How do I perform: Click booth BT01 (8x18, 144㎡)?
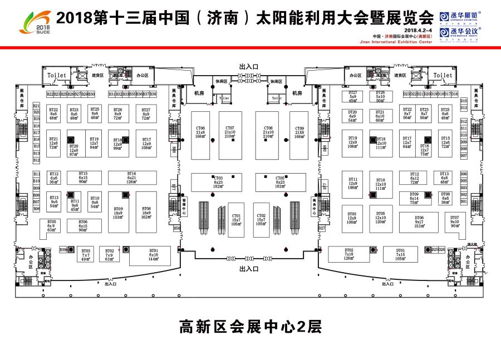(154, 255)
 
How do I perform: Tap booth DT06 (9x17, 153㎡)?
(419, 221)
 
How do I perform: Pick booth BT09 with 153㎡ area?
(118, 212)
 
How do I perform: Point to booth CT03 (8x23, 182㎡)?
(218, 182)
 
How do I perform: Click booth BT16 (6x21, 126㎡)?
(131, 177)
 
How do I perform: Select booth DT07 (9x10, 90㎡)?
(455, 221)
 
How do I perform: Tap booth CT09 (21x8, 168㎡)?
(299, 132)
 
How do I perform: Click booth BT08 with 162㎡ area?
(146, 212)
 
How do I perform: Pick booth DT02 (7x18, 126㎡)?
(349, 254)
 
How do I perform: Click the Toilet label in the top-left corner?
(56, 75)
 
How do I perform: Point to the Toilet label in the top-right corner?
(443, 75)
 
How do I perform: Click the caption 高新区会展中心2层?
(250, 326)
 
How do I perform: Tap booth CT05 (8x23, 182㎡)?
(280, 182)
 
